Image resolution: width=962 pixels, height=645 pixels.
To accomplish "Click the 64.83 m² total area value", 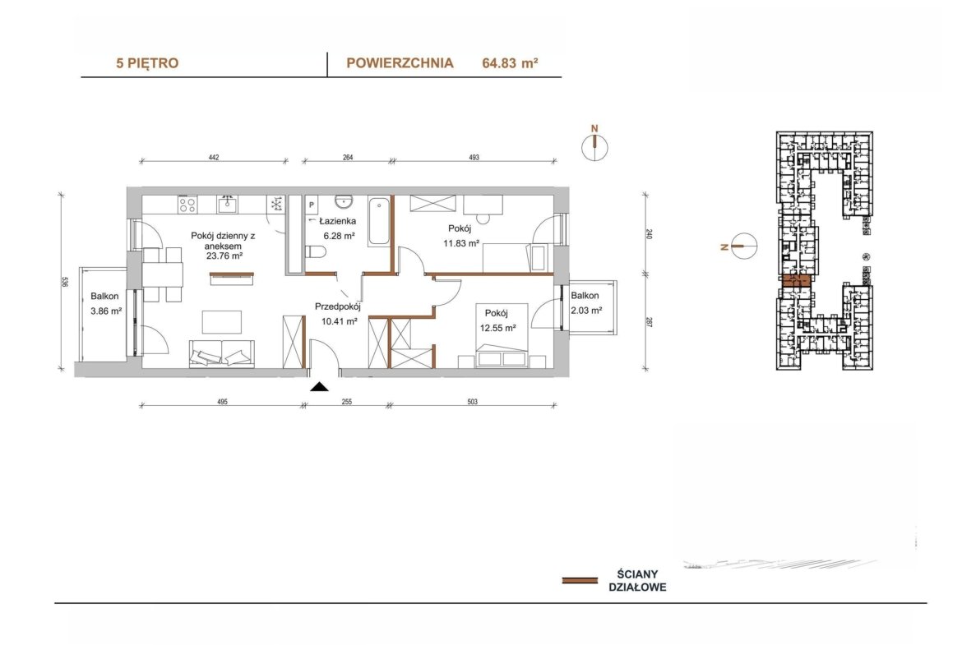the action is [x=510, y=62].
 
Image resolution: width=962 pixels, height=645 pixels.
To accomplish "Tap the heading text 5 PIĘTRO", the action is [x=147, y=62].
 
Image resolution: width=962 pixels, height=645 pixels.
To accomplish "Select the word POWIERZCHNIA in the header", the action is [x=400, y=62].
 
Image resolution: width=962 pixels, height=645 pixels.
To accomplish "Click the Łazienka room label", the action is [x=337, y=221].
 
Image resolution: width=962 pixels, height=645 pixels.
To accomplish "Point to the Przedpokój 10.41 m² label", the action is [x=337, y=313].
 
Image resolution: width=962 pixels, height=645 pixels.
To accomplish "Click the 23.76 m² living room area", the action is [x=224, y=256].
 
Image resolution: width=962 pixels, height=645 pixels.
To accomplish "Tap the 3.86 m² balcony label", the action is [x=105, y=311].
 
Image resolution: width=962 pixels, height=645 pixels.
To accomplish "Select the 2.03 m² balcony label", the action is [x=586, y=311].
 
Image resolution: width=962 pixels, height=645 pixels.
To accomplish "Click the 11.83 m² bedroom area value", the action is [x=461, y=243].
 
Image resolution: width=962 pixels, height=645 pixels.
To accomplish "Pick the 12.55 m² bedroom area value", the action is [x=497, y=328].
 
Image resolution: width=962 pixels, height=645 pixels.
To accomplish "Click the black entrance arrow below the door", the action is [x=319, y=386].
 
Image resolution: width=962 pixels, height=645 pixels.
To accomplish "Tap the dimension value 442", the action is [x=214, y=158].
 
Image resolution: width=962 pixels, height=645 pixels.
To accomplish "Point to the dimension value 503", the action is [x=472, y=403].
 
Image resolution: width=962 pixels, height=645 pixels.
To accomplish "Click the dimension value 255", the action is [x=347, y=403].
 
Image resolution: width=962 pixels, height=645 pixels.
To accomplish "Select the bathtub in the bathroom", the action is [x=378, y=221].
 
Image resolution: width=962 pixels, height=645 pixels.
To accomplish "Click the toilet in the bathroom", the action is [x=316, y=252].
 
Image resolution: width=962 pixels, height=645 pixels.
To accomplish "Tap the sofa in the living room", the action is [x=221, y=352].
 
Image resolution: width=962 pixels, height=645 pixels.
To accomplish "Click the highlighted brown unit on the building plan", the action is [x=797, y=282].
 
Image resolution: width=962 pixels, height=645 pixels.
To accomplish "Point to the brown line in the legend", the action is [x=580, y=580].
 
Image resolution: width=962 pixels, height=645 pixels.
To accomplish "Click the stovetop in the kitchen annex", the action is [x=187, y=204].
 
